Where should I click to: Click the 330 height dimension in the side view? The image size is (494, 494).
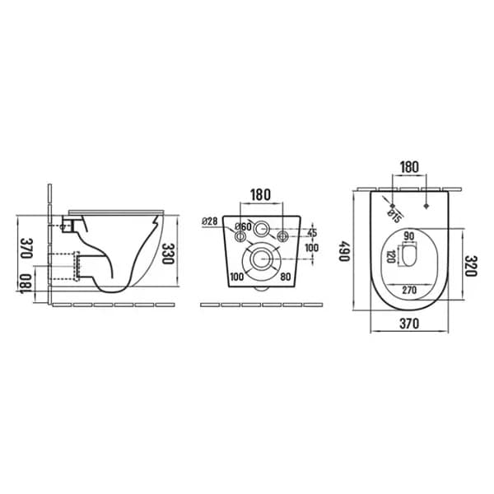(x=168, y=254)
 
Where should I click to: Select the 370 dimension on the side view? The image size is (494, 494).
(x=27, y=248)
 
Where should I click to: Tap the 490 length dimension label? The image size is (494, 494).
(x=345, y=251)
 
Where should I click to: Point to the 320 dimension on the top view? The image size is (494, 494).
(x=471, y=266)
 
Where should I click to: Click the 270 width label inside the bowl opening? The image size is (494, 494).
(x=409, y=290)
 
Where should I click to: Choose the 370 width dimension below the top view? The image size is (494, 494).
(x=409, y=324)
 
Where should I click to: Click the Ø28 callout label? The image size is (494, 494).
(x=210, y=221)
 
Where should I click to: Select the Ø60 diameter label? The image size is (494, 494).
(x=243, y=226)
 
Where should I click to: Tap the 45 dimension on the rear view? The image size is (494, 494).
(x=312, y=233)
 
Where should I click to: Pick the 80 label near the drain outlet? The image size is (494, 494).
(x=286, y=277)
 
